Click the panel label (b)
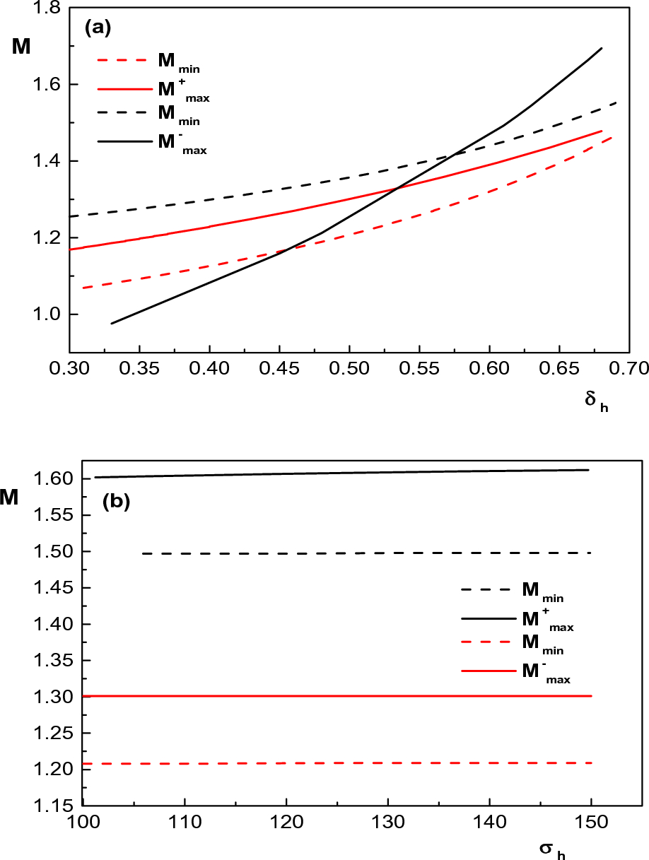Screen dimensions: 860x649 click(x=115, y=502)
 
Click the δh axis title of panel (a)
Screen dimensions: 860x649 click(x=596, y=400)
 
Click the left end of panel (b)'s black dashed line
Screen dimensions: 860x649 click(x=143, y=553)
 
